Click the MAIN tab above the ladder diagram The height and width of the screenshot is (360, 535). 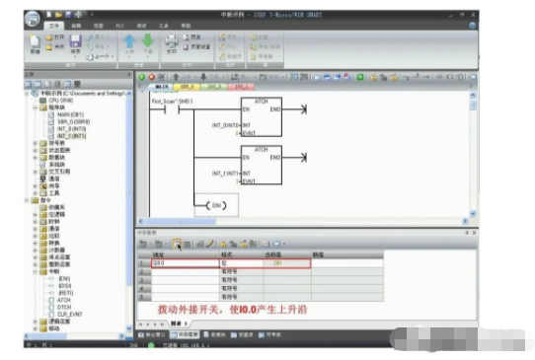point(163,87)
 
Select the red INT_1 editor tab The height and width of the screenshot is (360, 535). point(237,87)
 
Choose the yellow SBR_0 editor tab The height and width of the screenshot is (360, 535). point(187,87)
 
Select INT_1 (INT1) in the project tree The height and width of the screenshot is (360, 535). point(74,135)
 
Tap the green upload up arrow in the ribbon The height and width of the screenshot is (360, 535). point(130,42)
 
